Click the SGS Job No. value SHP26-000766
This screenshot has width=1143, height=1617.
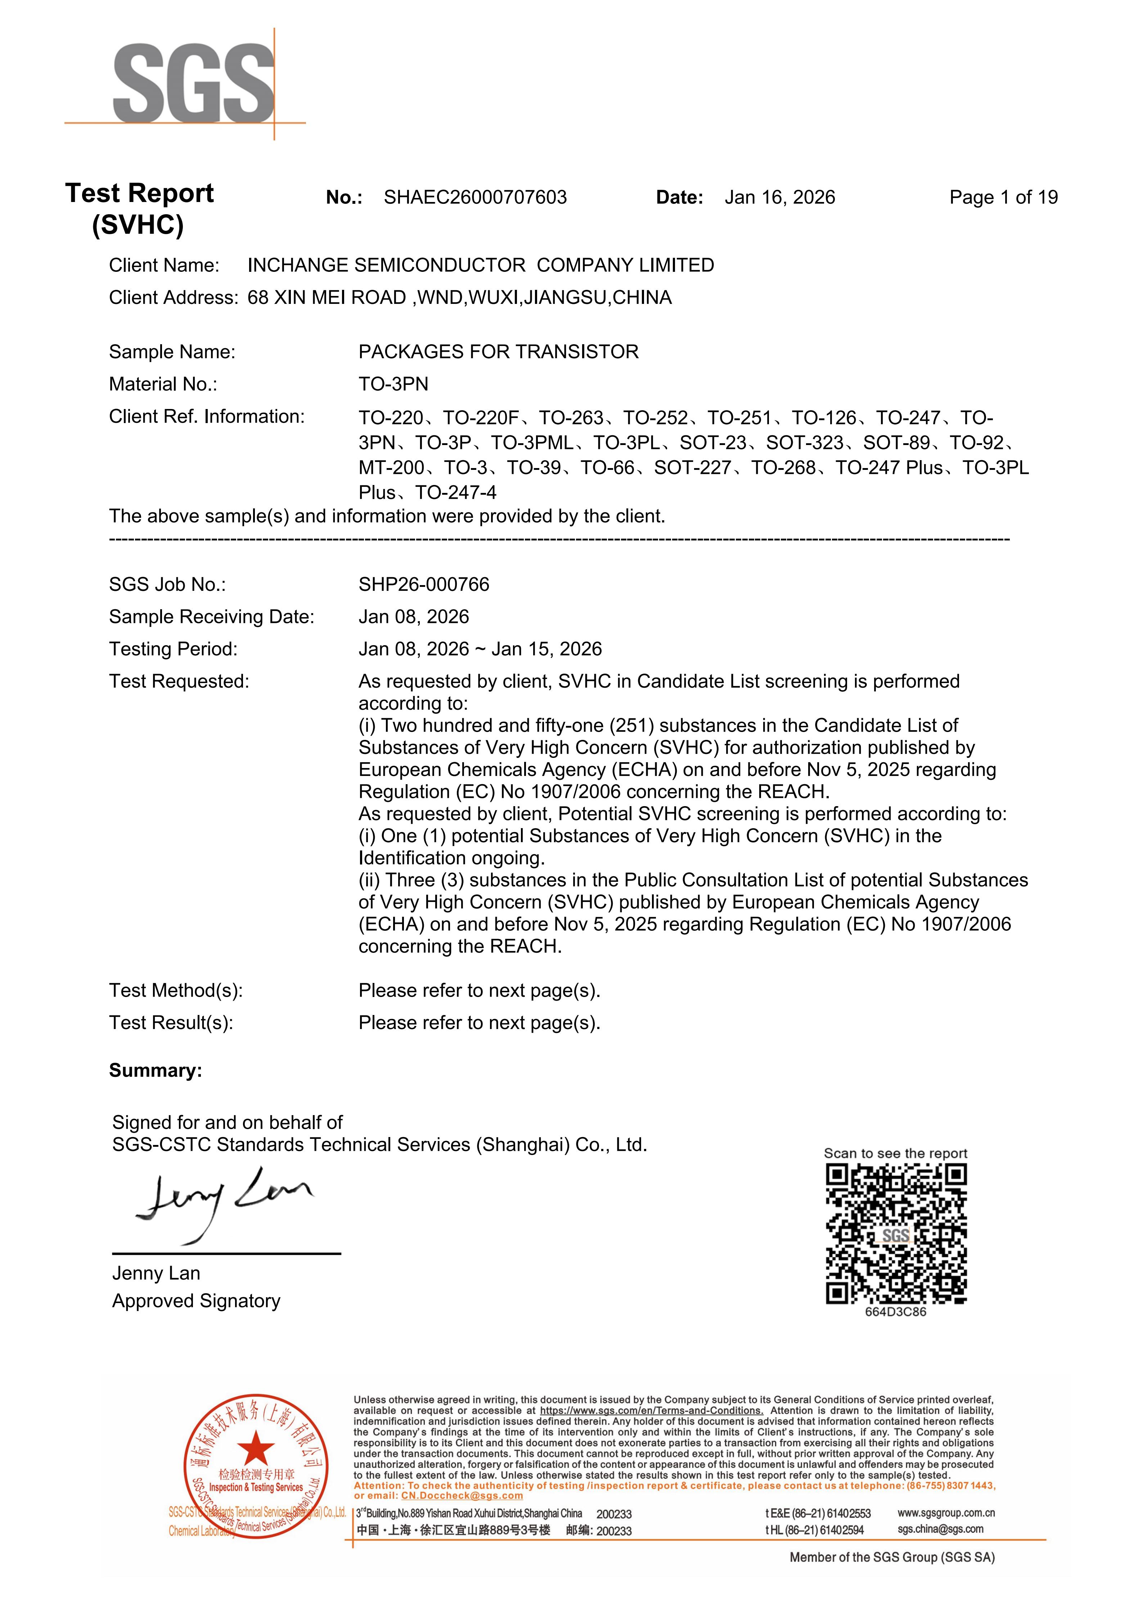pos(423,584)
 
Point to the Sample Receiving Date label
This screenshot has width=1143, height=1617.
pos(211,616)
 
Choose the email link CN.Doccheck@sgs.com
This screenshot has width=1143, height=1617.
pos(462,1496)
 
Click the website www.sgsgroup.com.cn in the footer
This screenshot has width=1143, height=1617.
pos(946,1513)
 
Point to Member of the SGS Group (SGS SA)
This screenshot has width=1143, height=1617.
pos(892,1557)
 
